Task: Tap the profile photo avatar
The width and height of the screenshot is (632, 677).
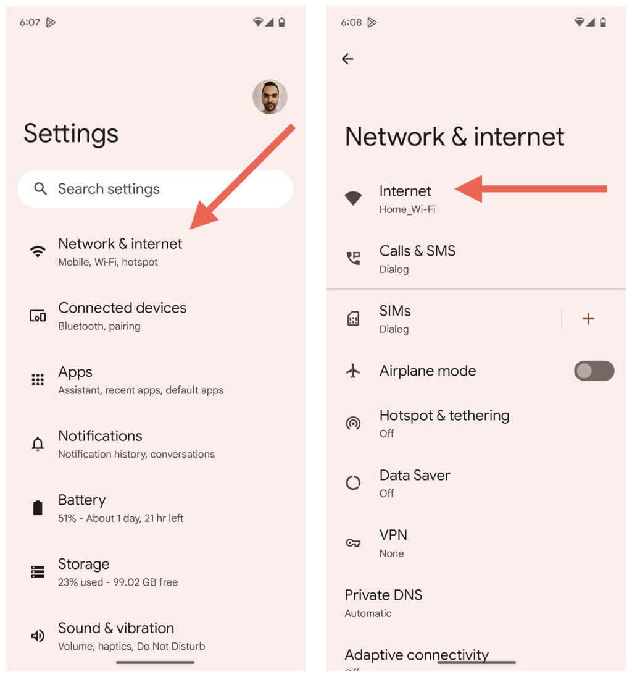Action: coord(270,97)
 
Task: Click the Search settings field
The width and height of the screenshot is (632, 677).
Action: coord(154,189)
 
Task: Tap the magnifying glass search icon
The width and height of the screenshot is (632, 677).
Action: coord(41,189)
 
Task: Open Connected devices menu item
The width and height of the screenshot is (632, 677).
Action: coord(122,316)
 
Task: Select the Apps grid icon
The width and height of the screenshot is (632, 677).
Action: coord(38,380)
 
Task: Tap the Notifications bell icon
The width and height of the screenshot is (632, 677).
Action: coord(38,444)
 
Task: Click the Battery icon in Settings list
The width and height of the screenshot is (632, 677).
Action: coord(38,508)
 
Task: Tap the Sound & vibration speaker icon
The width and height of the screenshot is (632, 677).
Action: coord(38,636)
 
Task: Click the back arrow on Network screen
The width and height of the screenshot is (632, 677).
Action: coord(347,59)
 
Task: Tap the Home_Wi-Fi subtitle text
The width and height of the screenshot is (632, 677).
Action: coord(407,209)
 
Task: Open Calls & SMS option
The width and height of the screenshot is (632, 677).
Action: coord(417,259)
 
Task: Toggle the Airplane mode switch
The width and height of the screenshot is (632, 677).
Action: coord(594,371)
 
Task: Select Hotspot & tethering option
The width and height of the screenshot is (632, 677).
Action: coord(444,423)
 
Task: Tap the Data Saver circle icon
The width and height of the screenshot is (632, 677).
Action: coord(353,483)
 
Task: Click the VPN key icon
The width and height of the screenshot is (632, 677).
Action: coord(353,543)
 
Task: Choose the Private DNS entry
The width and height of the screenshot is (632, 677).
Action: coord(383,603)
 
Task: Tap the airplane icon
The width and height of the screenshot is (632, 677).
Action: coord(353,371)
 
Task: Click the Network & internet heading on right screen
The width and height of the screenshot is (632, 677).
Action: coord(454,137)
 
